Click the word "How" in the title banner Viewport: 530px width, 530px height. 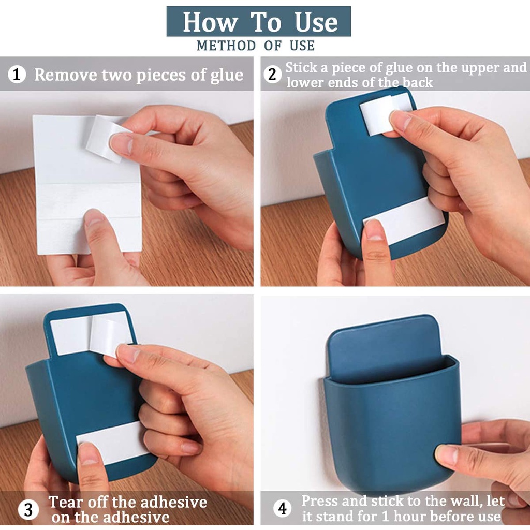[210, 22]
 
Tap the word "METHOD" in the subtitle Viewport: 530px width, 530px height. [226, 46]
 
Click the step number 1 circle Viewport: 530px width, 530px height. [17, 74]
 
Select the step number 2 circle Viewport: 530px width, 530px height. [272, 75]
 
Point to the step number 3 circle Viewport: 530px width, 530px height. [28, 509]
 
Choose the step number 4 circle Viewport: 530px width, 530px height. [282, 508]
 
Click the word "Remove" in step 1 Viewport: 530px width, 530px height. [66, 75]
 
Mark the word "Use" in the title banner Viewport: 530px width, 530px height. [316, 22]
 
